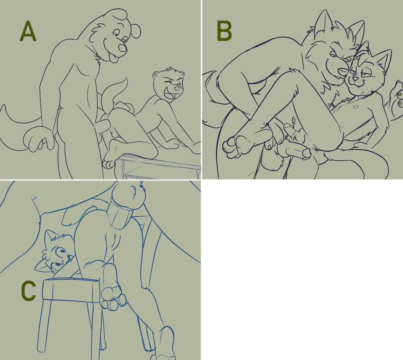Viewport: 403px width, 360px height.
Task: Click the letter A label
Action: click(28, 31)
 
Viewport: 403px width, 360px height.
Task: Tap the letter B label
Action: click(224, 31)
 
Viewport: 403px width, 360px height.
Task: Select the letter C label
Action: click(28, 291)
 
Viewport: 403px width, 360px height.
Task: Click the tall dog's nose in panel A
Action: click(123, 48)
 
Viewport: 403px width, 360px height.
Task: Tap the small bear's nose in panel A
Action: click(177, 88)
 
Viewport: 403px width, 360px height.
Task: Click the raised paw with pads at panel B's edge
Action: click(397, 96)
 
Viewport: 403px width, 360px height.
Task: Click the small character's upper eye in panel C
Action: click(62, 251)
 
